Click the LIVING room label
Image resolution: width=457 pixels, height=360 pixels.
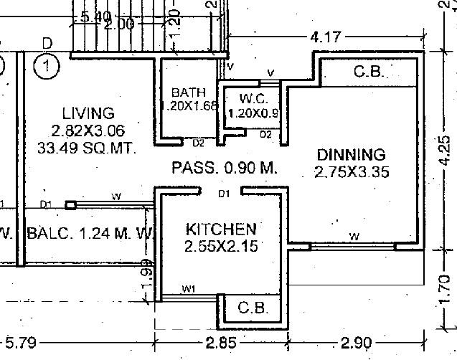tap(88, 113)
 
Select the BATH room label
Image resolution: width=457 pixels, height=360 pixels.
tap(189, 93)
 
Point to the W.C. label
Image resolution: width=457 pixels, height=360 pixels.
tap(254, 98)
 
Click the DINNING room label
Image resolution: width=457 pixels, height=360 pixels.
tap(352, 155)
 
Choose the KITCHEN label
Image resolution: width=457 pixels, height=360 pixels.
tap(220, 229)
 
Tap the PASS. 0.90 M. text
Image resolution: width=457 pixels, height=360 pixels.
tap(225, 168)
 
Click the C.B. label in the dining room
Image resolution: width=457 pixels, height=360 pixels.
tap(370, 72)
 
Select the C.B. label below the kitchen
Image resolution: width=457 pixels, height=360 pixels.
tap(253, 308)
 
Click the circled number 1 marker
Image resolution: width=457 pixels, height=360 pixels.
tap(47, 68)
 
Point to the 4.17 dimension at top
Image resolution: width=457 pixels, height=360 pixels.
tap(325, 36)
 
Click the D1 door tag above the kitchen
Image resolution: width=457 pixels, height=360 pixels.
tap(224, 193)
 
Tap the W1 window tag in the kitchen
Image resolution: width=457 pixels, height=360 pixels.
tap(189, 289)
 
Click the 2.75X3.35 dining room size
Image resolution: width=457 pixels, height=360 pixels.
tap(352, 171)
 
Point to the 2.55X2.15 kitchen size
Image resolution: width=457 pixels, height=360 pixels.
tap(220, 246)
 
